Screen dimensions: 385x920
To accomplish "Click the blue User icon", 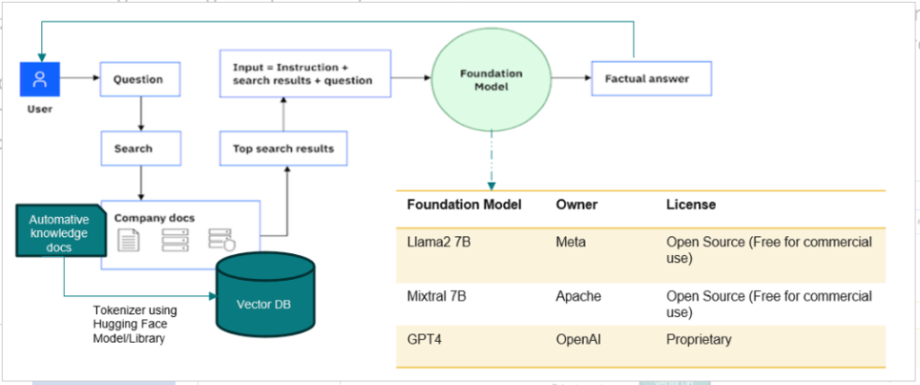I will click(40, 79).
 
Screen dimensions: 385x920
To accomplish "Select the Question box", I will click(140, 79).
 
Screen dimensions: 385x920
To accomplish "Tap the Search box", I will click(140, 148).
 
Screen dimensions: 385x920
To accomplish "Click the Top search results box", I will click(283, 148).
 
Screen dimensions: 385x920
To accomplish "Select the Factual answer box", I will click(651, 79).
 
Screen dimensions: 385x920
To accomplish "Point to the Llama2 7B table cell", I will click(435, 242).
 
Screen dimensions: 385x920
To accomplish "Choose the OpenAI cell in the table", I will click(579, 340).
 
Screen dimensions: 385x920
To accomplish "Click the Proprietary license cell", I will click(700, 340).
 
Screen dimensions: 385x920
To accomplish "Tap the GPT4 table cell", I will click(423, 340).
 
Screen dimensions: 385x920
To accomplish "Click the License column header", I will click(691, 205).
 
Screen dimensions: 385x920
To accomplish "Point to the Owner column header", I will click(576, 205).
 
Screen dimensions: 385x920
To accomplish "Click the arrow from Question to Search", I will click(140, 114).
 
